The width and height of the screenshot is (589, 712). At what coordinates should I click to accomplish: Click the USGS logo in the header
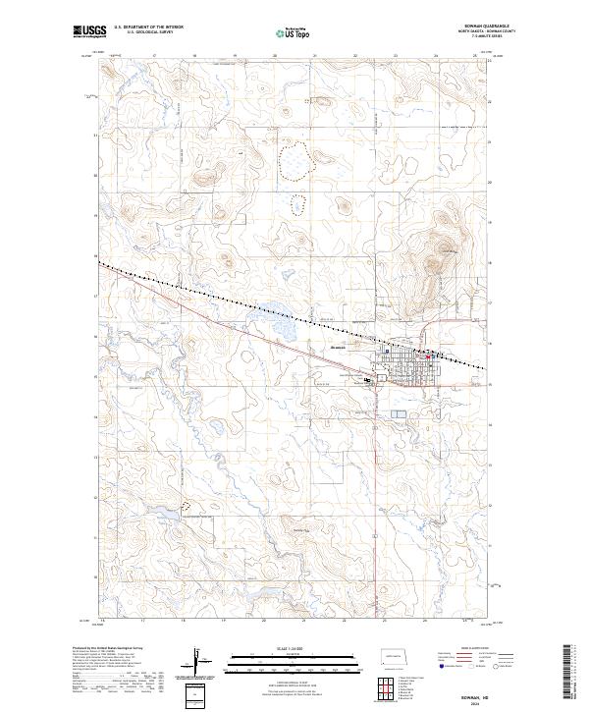coord(90,32)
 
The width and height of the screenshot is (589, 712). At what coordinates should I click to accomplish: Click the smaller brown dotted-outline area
coord(294,204)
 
